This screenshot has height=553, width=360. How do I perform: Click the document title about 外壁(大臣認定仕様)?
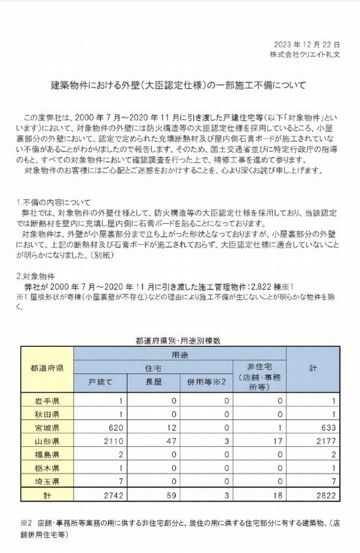click(177, 86)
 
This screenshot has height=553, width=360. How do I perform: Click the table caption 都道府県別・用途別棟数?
click(179, 340)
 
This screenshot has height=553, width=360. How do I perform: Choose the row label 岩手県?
click(48, 401)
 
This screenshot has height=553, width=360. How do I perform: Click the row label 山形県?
click(48, 442)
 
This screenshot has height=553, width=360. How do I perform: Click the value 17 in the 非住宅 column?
click(278, 442)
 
